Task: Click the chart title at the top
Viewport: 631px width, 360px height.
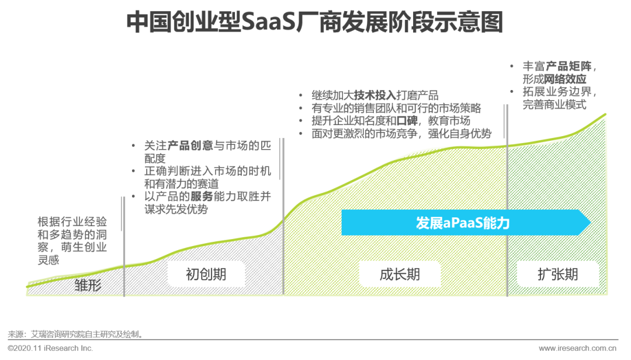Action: (315, 22)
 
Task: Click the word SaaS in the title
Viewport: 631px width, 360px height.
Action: (268, 22)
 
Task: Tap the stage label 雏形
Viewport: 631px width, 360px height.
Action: (88, 285)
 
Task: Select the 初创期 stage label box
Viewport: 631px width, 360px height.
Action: (206, 274)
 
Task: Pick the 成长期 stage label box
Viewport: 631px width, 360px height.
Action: (400, 274)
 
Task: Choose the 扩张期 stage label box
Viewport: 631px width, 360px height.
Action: (558, 274)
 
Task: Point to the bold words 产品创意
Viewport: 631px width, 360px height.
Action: (190, 146)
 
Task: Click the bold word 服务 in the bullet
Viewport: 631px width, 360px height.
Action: (202, 196)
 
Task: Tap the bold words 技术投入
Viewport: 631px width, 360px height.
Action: (375, 95)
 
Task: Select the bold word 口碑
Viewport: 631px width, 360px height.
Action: (407, 121)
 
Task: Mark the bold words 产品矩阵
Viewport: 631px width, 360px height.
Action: (568, 66)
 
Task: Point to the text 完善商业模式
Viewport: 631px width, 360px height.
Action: (554, 105)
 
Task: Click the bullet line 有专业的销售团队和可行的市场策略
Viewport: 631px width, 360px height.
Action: (396, 108)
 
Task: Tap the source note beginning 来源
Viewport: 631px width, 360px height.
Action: (75, 334)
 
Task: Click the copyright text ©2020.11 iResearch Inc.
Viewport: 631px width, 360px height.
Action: (50, 348)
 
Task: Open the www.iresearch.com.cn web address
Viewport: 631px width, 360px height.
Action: (577, 348)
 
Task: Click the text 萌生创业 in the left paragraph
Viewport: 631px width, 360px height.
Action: (84, 247)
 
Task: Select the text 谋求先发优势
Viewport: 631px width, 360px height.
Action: (176, 209)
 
